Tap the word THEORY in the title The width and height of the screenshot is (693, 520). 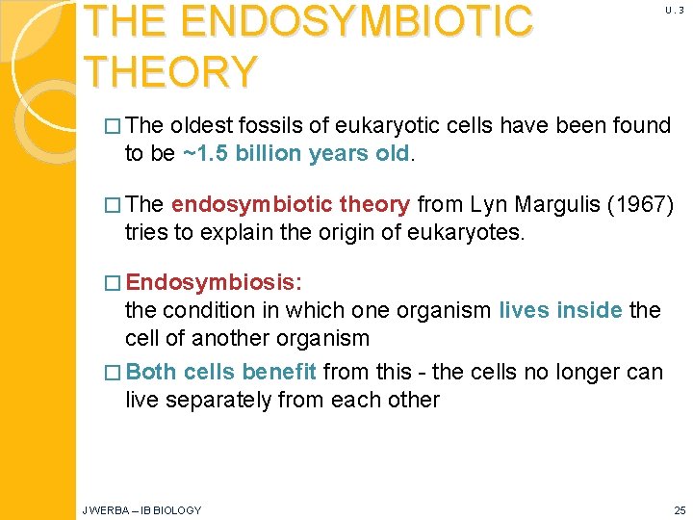click(x=171, y=72)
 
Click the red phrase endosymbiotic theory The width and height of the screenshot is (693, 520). click(x=291, y=205)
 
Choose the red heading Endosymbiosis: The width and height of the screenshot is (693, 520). click(x=214, y=283)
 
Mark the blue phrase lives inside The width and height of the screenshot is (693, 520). click(x=560, y=310)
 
